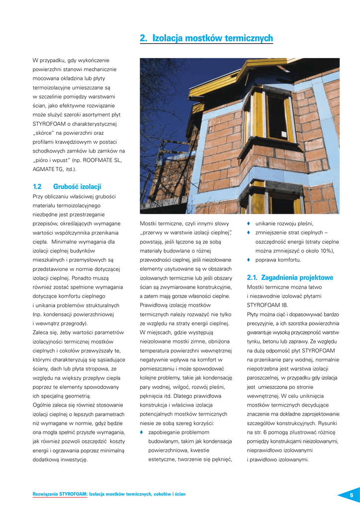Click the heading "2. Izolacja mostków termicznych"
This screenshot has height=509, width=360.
click(206, 38)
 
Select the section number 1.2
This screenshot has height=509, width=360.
click(37, 186)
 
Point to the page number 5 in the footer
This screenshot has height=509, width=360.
click(351, 495)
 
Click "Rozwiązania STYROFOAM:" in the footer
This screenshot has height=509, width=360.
click(60, 494)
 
